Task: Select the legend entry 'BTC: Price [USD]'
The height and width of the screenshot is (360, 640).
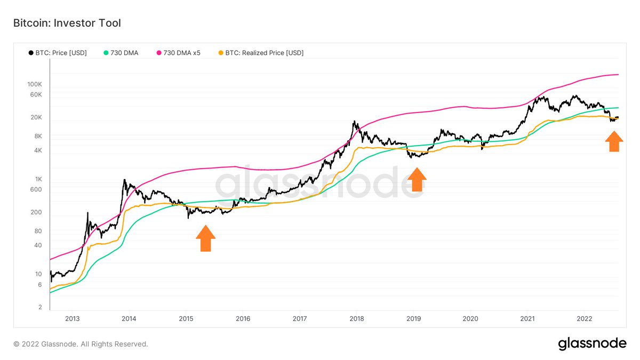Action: pyautogui.click(x=57, y=53)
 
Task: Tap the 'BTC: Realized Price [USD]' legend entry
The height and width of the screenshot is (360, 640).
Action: pyautogui.click(x=261, y=53)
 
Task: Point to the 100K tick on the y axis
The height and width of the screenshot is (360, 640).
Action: pyautogui.click(x=34, y=85)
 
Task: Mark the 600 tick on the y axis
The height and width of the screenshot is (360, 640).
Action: pyautogui.click(x=36, y=189)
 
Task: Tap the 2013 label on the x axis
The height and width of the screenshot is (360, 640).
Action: pyautogui.click(x=72, y=319)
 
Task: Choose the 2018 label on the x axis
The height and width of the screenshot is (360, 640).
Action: pyautogui.click(x=356, y=319)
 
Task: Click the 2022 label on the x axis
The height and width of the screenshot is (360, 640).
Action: pyautogui.click(x=583, y=319)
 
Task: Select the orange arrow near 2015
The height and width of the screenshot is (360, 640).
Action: pyautogui.click(x=206, y=238)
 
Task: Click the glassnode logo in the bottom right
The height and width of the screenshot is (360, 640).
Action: pyautogui.click(x=592, y=344)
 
